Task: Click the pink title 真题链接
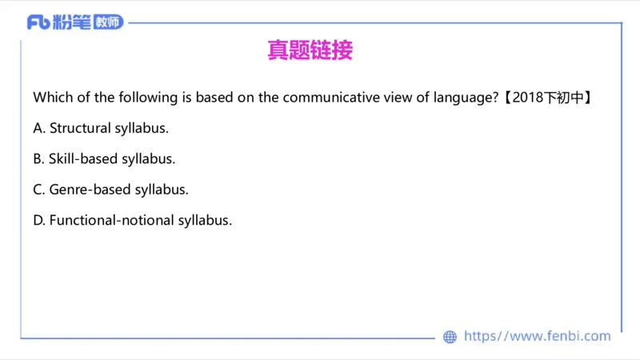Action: click(309, 50)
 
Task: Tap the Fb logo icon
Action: click(39, 22)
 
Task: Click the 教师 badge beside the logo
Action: click(107, 22)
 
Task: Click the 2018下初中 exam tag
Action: click(549, 98)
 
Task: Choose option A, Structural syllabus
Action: click(101, 128)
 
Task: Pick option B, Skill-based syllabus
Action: click(104, 158)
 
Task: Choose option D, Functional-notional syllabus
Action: click(132, 220)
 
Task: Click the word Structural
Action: click(79, 128)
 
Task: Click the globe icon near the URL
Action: click(450, 337)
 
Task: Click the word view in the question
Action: click(392, 98)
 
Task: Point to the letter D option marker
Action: click(38, 220)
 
